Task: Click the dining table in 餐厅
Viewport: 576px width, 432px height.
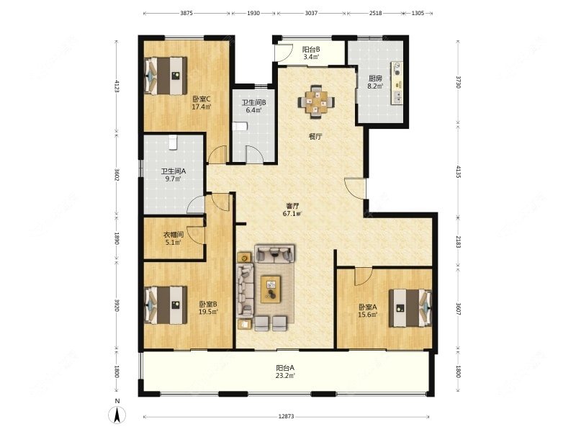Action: pos(316,102)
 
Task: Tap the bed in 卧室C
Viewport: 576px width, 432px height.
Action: pos(166,76)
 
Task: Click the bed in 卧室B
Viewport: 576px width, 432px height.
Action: pos(166,305)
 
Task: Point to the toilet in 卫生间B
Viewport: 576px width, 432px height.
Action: pos(240,127)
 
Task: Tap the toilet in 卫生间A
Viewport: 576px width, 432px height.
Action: pos(174,143)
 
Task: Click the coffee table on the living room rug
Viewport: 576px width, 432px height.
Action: pos(271,289)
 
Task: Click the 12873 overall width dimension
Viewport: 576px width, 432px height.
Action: pos(286,416)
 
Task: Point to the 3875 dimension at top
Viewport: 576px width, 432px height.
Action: pos(186,13)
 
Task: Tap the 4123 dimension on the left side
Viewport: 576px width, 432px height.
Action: pos(117,86)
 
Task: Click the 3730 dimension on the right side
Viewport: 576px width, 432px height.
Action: pos(458,82)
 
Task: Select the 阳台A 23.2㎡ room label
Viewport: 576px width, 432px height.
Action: pos(285,372)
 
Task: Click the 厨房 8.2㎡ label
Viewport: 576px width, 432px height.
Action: pos(375,82)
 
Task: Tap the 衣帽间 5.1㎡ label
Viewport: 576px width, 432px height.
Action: pos(174,238)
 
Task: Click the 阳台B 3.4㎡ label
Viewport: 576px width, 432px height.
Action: pos(311,53)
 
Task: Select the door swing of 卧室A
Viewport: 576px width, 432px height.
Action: pos(364,276)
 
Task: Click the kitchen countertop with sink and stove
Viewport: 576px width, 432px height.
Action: pos(397,83)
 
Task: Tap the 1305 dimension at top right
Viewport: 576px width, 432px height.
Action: pos(418,13)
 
